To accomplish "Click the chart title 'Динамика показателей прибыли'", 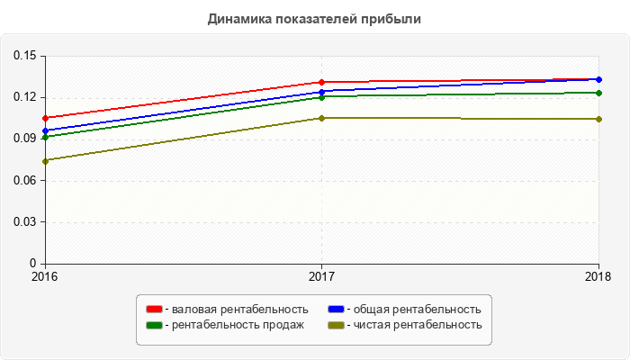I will click(x=314, y=18).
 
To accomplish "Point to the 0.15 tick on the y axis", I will click(x=23, y=56).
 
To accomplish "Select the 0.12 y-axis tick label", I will click(x=23, y=97).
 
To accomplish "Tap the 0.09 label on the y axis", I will click(x=23, y=139).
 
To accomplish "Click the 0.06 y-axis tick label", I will click(x=23, y=181).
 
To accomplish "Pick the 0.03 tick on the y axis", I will click(x=23, y=222).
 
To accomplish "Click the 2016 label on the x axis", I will click(x=44, y=275).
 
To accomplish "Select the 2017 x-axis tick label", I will click(x=321, y=275).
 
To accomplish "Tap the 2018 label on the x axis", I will click(x=598, y=275).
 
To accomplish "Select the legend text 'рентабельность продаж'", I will click(x=235, y=325).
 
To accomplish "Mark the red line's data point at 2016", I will click(x=44, y=118).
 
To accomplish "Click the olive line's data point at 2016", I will click(x=44, y=161).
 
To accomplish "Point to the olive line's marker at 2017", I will click(x=321, y=118).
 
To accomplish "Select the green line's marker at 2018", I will click(x=598, y=93).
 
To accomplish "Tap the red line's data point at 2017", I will click(x=321, y=82).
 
